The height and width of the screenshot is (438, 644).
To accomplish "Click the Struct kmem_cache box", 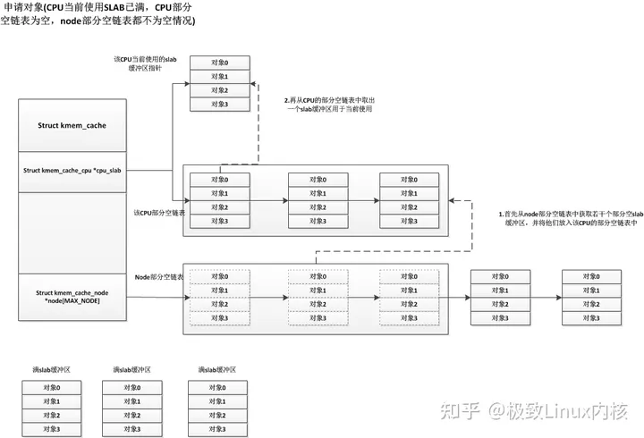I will coord(72,126).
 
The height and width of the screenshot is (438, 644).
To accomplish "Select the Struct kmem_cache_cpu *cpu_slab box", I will coord(72,170).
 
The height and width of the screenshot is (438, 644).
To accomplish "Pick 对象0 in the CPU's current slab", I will coord(220,63).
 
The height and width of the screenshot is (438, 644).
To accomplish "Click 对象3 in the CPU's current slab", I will coord(220,105).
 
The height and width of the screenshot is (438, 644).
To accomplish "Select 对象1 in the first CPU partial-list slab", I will coord(220,193).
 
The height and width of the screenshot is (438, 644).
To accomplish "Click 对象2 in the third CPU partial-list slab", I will coord(410,207).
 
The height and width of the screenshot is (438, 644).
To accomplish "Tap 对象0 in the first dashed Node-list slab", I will coord(220,276).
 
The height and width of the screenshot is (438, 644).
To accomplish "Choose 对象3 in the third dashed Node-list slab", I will coord(410,318).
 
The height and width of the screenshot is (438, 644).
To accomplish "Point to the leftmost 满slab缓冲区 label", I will coord(52,370).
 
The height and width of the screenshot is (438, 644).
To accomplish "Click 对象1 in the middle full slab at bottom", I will coord(132,401).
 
